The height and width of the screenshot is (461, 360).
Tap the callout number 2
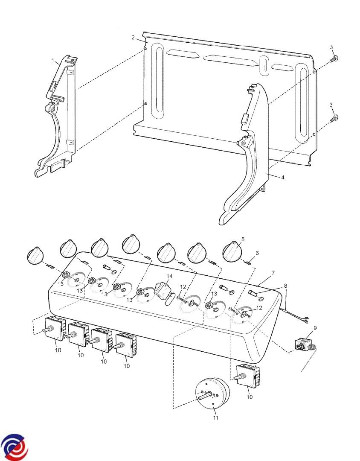[x=133, y=38]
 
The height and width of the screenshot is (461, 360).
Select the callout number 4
[x=282, y=177]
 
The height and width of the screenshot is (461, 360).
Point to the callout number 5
[x=243, y=239]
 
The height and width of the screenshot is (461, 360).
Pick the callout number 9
[x=315, y=328]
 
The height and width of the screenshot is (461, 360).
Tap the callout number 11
[x=216, y=417]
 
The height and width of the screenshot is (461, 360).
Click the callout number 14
[x=169, y=276]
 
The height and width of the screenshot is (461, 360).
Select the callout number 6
[x=257, y=253]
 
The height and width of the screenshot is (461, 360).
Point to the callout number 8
[x=285, y=286]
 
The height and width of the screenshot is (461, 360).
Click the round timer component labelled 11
[x=212, y=394]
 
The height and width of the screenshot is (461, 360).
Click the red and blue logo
[x=14, y=448]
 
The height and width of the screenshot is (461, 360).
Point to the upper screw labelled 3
[x=335, y=58]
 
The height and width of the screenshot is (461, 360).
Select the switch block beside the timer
[x=247, y=377]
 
